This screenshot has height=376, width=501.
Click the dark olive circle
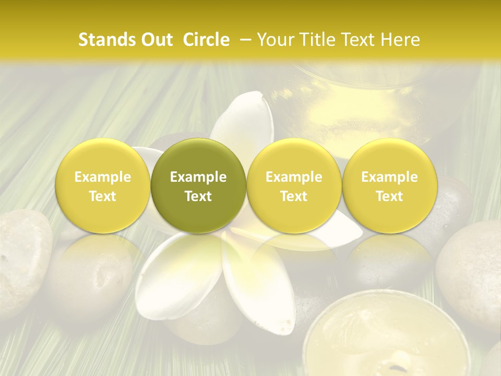coord(198,186)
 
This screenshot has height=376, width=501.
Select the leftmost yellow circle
coord(103,186)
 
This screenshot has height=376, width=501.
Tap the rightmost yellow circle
coord(389,186)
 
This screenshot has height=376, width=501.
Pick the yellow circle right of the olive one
coord(294,186)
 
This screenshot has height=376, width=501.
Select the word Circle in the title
coord(206,40)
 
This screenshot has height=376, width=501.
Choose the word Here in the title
coord(399,40)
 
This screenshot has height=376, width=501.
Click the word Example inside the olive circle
coord(198,177)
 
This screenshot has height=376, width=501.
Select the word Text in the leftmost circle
coord(103,196)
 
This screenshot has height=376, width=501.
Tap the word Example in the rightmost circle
coord(389,177)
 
